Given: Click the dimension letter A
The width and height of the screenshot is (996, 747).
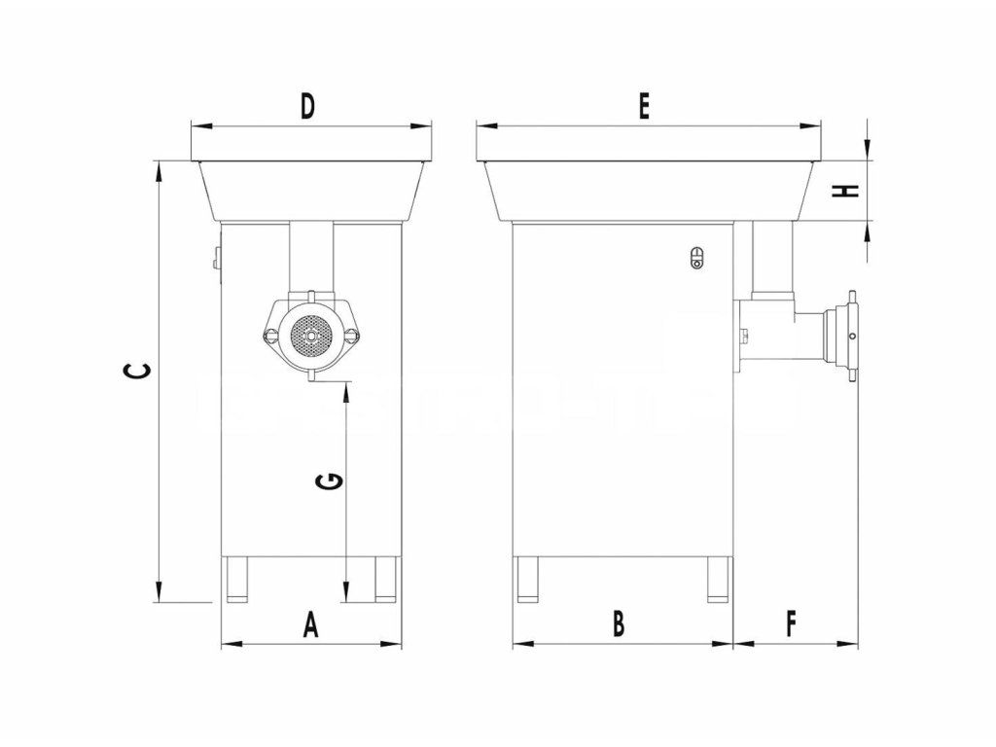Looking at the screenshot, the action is pos(310,623).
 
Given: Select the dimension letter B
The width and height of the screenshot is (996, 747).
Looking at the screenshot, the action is pos(619,623).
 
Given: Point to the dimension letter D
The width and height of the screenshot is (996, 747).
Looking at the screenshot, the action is pos(307,106).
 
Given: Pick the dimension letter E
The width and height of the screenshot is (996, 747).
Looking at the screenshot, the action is pos(643,107).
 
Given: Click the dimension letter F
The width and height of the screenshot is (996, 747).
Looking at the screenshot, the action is pos(791,623).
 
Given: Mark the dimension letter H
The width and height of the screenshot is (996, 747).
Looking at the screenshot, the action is pos(850,191).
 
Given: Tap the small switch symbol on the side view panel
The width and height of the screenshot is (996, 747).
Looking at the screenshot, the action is pos(694,257).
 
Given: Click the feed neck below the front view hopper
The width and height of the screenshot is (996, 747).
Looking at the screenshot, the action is pos(311,257).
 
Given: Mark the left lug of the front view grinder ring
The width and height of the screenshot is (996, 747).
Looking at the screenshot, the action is pos(270,336).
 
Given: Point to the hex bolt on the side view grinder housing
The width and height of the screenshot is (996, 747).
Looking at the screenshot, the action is pos(744,338).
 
